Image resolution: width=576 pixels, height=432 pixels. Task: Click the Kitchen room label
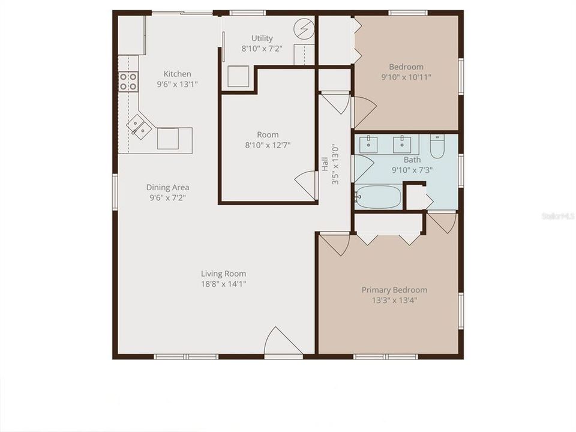point(178,74)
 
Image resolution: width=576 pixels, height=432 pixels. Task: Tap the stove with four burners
point(128,82)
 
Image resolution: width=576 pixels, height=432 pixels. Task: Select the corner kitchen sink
point(139,126)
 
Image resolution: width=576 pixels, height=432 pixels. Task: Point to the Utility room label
point(262,39)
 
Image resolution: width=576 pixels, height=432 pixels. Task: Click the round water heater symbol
point(304,28)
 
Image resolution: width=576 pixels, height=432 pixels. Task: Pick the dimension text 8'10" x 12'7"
point(268,145)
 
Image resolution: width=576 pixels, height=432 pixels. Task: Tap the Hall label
point(325,164)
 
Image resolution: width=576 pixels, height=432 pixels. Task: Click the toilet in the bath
point(437,147)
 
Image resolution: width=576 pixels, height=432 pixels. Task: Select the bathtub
point(377,197)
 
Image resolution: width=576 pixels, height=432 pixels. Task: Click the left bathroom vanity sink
point(368,145)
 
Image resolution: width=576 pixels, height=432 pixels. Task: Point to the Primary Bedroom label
point(394,290)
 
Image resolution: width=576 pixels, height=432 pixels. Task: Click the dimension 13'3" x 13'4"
point(394,300)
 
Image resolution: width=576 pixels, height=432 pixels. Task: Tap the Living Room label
point(223,274)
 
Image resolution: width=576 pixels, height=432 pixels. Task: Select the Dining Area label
point(168,187)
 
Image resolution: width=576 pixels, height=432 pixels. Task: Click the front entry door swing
point(282,342)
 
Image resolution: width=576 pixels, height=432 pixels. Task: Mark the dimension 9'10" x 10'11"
point(406,77)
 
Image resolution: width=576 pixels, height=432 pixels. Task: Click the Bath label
point(412,160)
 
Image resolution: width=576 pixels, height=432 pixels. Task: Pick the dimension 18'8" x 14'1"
point(223,284)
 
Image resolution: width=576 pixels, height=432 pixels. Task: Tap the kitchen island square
point(168,140)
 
